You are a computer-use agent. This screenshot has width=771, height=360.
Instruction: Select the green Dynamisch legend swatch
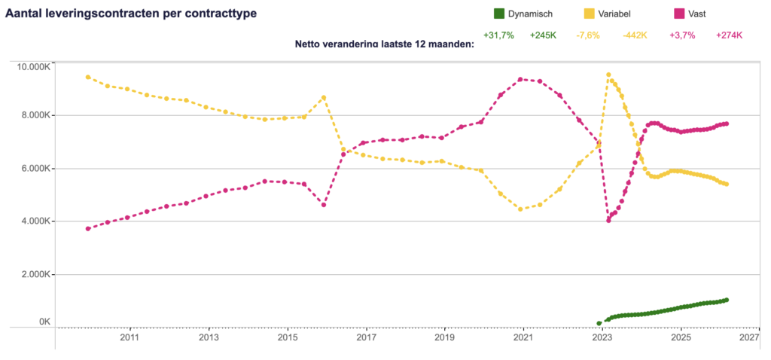498,14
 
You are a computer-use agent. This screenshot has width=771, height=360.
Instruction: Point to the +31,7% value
498,35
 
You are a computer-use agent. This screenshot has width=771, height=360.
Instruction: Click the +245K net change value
542,35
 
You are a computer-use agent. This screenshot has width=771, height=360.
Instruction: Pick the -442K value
635,35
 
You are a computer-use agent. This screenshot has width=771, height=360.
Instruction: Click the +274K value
729,35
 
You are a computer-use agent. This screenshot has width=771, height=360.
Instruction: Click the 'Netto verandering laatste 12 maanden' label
385,44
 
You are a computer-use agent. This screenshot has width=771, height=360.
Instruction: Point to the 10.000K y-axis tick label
33,67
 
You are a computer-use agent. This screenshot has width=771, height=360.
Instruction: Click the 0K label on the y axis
44,322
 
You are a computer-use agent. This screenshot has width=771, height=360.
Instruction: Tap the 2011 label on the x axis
130,338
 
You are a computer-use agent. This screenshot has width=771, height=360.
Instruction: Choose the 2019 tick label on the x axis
444,338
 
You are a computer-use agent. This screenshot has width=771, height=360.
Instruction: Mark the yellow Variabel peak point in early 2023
608,75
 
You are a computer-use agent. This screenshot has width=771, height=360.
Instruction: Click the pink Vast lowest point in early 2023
608,220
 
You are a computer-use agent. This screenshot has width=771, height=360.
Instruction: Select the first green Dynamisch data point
599,323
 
